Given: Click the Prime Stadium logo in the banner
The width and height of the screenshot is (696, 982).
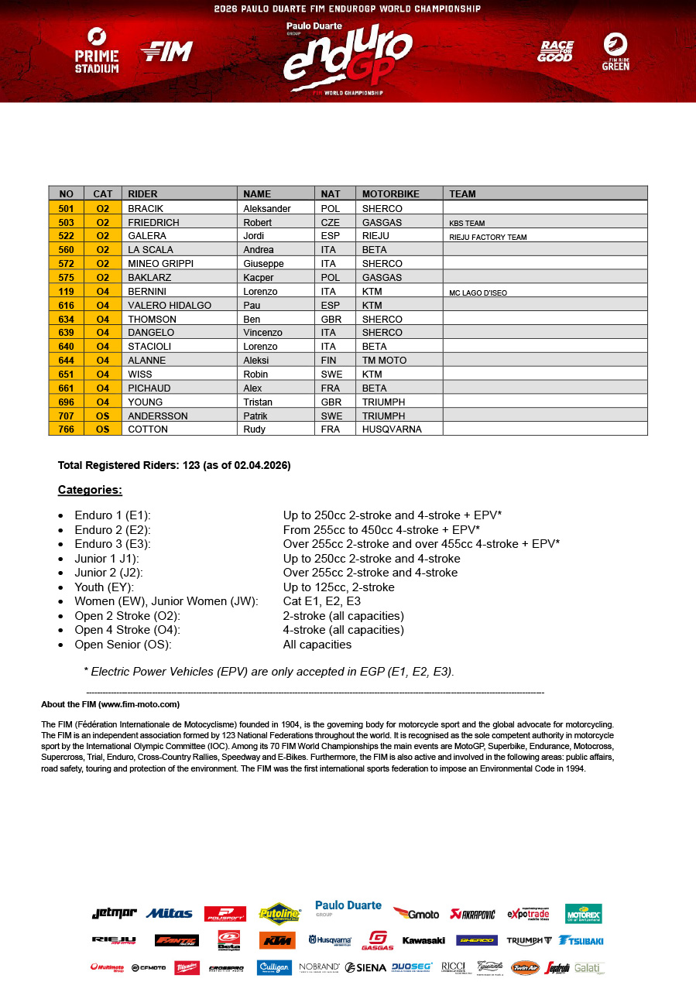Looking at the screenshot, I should point(97,50).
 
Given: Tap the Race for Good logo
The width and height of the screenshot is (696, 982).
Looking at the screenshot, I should point(555,51).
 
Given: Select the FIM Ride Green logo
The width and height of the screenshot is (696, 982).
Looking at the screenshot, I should point(615,51).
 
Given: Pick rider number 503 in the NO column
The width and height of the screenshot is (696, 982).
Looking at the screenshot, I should point(66,222).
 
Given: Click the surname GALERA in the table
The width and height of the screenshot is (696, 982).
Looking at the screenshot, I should point(147,236).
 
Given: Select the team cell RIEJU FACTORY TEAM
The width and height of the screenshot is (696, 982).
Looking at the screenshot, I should point(488,237).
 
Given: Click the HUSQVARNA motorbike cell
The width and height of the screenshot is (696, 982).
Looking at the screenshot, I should point(392,429).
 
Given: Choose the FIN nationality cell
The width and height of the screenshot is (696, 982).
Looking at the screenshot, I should point(328,361).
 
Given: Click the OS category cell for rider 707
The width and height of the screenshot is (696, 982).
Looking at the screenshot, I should point(103,416).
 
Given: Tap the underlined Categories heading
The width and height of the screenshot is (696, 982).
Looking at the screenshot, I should point(90,490).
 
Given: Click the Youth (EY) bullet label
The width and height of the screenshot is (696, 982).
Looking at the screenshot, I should point(110,587).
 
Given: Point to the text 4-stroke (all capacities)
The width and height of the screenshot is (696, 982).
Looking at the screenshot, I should point(343,630).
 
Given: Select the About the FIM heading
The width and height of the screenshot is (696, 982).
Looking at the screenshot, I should point(110,704).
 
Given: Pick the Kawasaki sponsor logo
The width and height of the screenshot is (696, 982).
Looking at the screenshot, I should point(423,940).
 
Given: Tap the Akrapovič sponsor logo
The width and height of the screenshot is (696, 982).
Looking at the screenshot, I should point(472,914).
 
